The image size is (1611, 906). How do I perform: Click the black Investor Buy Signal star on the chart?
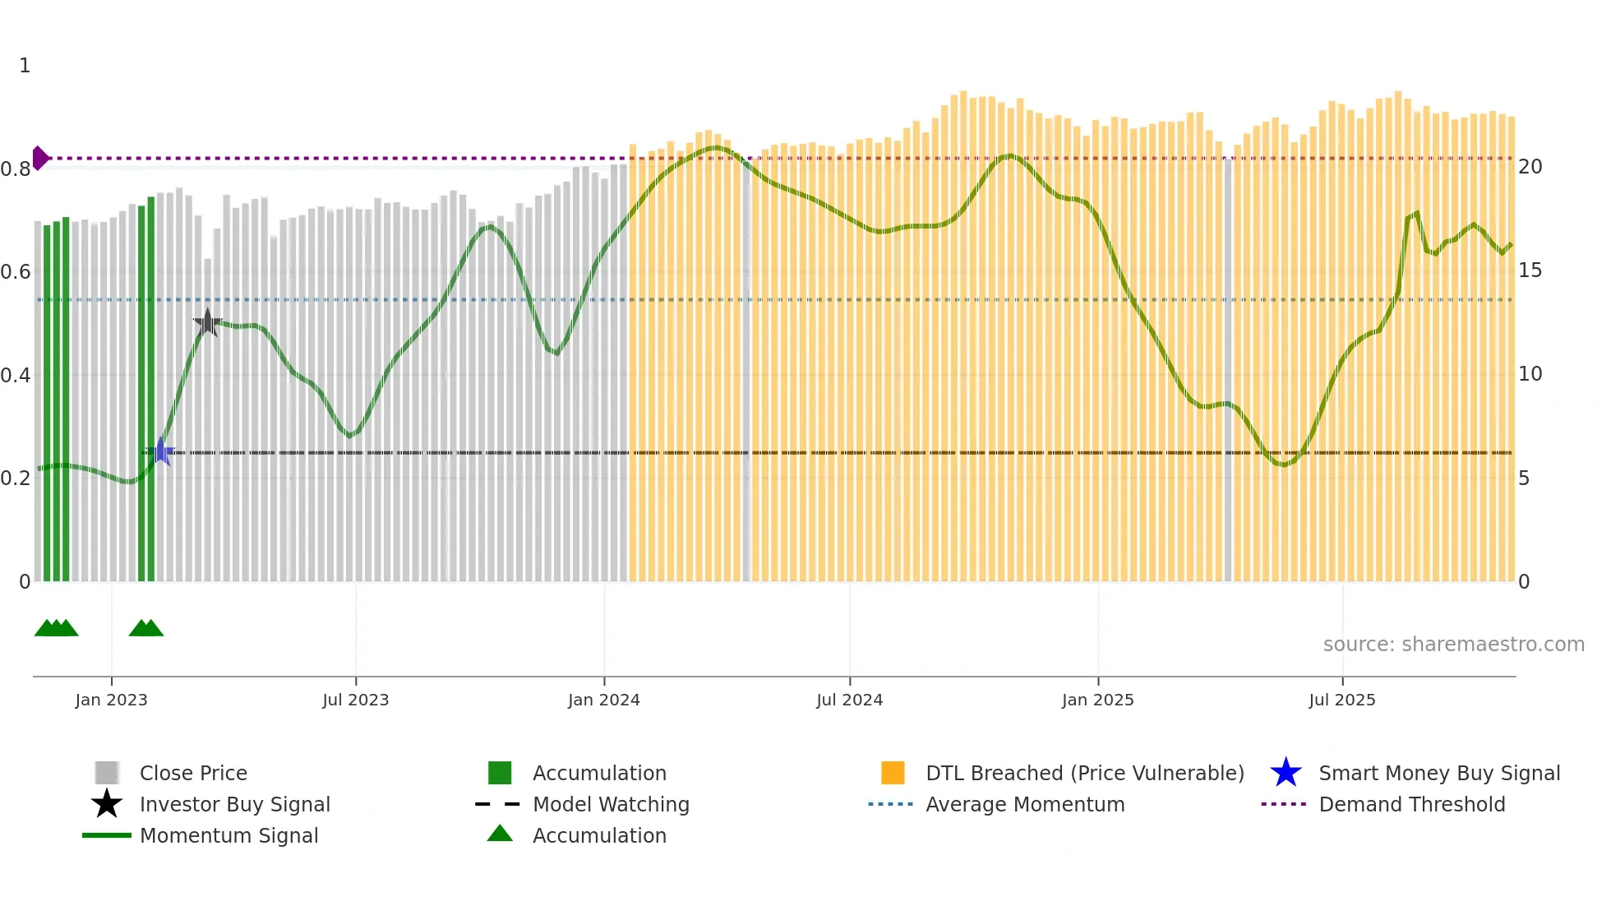pyautogui.click(x=208, y=323)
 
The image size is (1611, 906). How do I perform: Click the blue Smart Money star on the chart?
pyautogui.click(x=160, y=451)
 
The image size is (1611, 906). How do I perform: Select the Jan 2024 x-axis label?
pyautogui.click(x=603, y=700)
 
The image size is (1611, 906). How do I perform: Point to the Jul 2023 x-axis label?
pyautogui.click(x=355, y=700)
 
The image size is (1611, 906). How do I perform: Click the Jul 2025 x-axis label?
pyautogui.click(x=1341, y=700)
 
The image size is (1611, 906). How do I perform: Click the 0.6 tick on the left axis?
pyautogui.click(x=16, y=272)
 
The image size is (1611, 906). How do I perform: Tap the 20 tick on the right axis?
pyautogui.click(x=1530, y=167)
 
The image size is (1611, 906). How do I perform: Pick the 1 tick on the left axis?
pyautogui.click(x=25, y=66)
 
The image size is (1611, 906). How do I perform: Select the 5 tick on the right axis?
pyautogui.click(x=1524, y=478)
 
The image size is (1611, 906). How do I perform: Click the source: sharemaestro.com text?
pyautogui.click(x=1453, y=645)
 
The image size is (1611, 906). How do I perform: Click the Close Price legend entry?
pyautogui.click(x=193, y=774)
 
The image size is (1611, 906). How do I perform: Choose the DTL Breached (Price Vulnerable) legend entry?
pyautogui.click(x=1084, y=774)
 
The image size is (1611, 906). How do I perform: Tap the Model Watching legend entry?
pyautogui.click(x=610, y=805)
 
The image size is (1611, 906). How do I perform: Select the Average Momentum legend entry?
pyautogui.click(x=1024, y=805)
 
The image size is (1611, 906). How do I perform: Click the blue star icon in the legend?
pyautogui.click(x=1286, y=774)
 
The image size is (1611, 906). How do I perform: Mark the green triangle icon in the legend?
pyautogui.click(x=500, y=834)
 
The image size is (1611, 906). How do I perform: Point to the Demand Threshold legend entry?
pyautogui.click(x=1411, y=805)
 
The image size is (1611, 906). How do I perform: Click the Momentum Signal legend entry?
pyautogui.click(x=228, y=836)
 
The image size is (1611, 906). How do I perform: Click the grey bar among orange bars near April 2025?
pyautogui.click(x=1228, y=370)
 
